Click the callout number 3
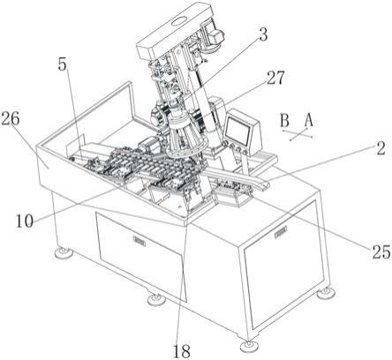263,34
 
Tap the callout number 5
62,64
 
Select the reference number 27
275,78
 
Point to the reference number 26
10,119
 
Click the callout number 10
25,221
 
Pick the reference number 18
181,350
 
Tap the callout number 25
381,252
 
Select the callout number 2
381,149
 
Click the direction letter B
284,120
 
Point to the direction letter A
308,120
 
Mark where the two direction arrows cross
300,134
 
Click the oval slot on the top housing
179,21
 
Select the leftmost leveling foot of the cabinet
63,251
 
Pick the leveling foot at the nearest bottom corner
249,345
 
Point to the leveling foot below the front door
156,299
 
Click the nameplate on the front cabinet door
139,241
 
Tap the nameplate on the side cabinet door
281,233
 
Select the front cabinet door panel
141,256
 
